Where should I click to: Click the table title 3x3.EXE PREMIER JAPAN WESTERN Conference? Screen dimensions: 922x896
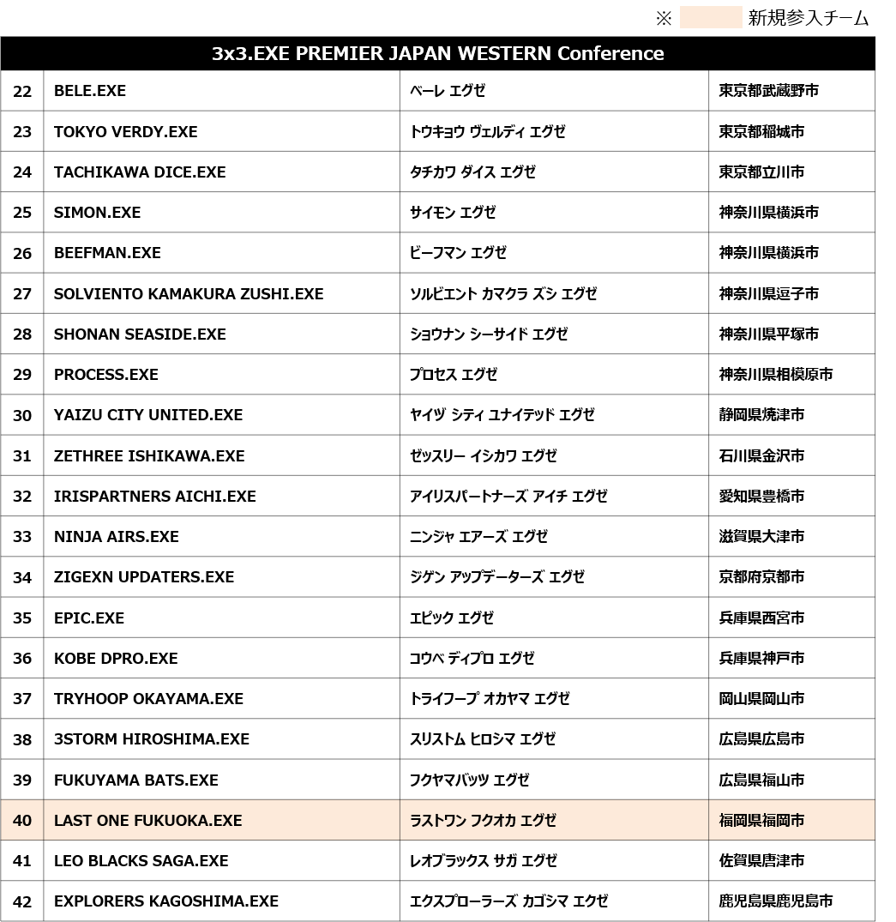click(437, 53)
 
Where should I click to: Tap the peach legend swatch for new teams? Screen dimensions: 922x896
click(710, 18)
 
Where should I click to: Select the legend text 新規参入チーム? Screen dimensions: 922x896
click(808, 18)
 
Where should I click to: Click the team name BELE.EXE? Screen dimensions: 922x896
click(90, 91)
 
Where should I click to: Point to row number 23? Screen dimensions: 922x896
click(22, 131)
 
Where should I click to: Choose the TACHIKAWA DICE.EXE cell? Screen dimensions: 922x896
click(140, 172)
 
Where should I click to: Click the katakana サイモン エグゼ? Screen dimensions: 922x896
click(453, 212)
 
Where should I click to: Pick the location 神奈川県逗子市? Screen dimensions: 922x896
click(768, 293)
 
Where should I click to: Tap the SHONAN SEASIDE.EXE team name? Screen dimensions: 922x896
click(140, 334)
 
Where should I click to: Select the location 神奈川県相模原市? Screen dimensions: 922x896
click(775, 374)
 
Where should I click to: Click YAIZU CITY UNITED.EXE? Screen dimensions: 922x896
click(148, 415)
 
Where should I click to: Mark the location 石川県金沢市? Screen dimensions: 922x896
click(761, 455)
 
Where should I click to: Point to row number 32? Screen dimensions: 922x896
click(22, 496)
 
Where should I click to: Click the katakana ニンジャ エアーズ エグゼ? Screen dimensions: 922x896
click(478, 537)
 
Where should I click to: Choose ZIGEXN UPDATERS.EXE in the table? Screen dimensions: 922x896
click(144, 577)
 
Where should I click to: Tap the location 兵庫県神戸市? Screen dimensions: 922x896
click(761, 658)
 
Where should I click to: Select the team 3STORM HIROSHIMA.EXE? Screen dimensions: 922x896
click(152, 738)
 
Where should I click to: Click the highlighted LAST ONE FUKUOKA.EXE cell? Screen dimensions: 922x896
click(148, 820)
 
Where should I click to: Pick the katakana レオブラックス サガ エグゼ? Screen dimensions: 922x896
click(484, 860)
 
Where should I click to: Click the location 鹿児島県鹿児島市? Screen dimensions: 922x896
click(775, 901)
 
